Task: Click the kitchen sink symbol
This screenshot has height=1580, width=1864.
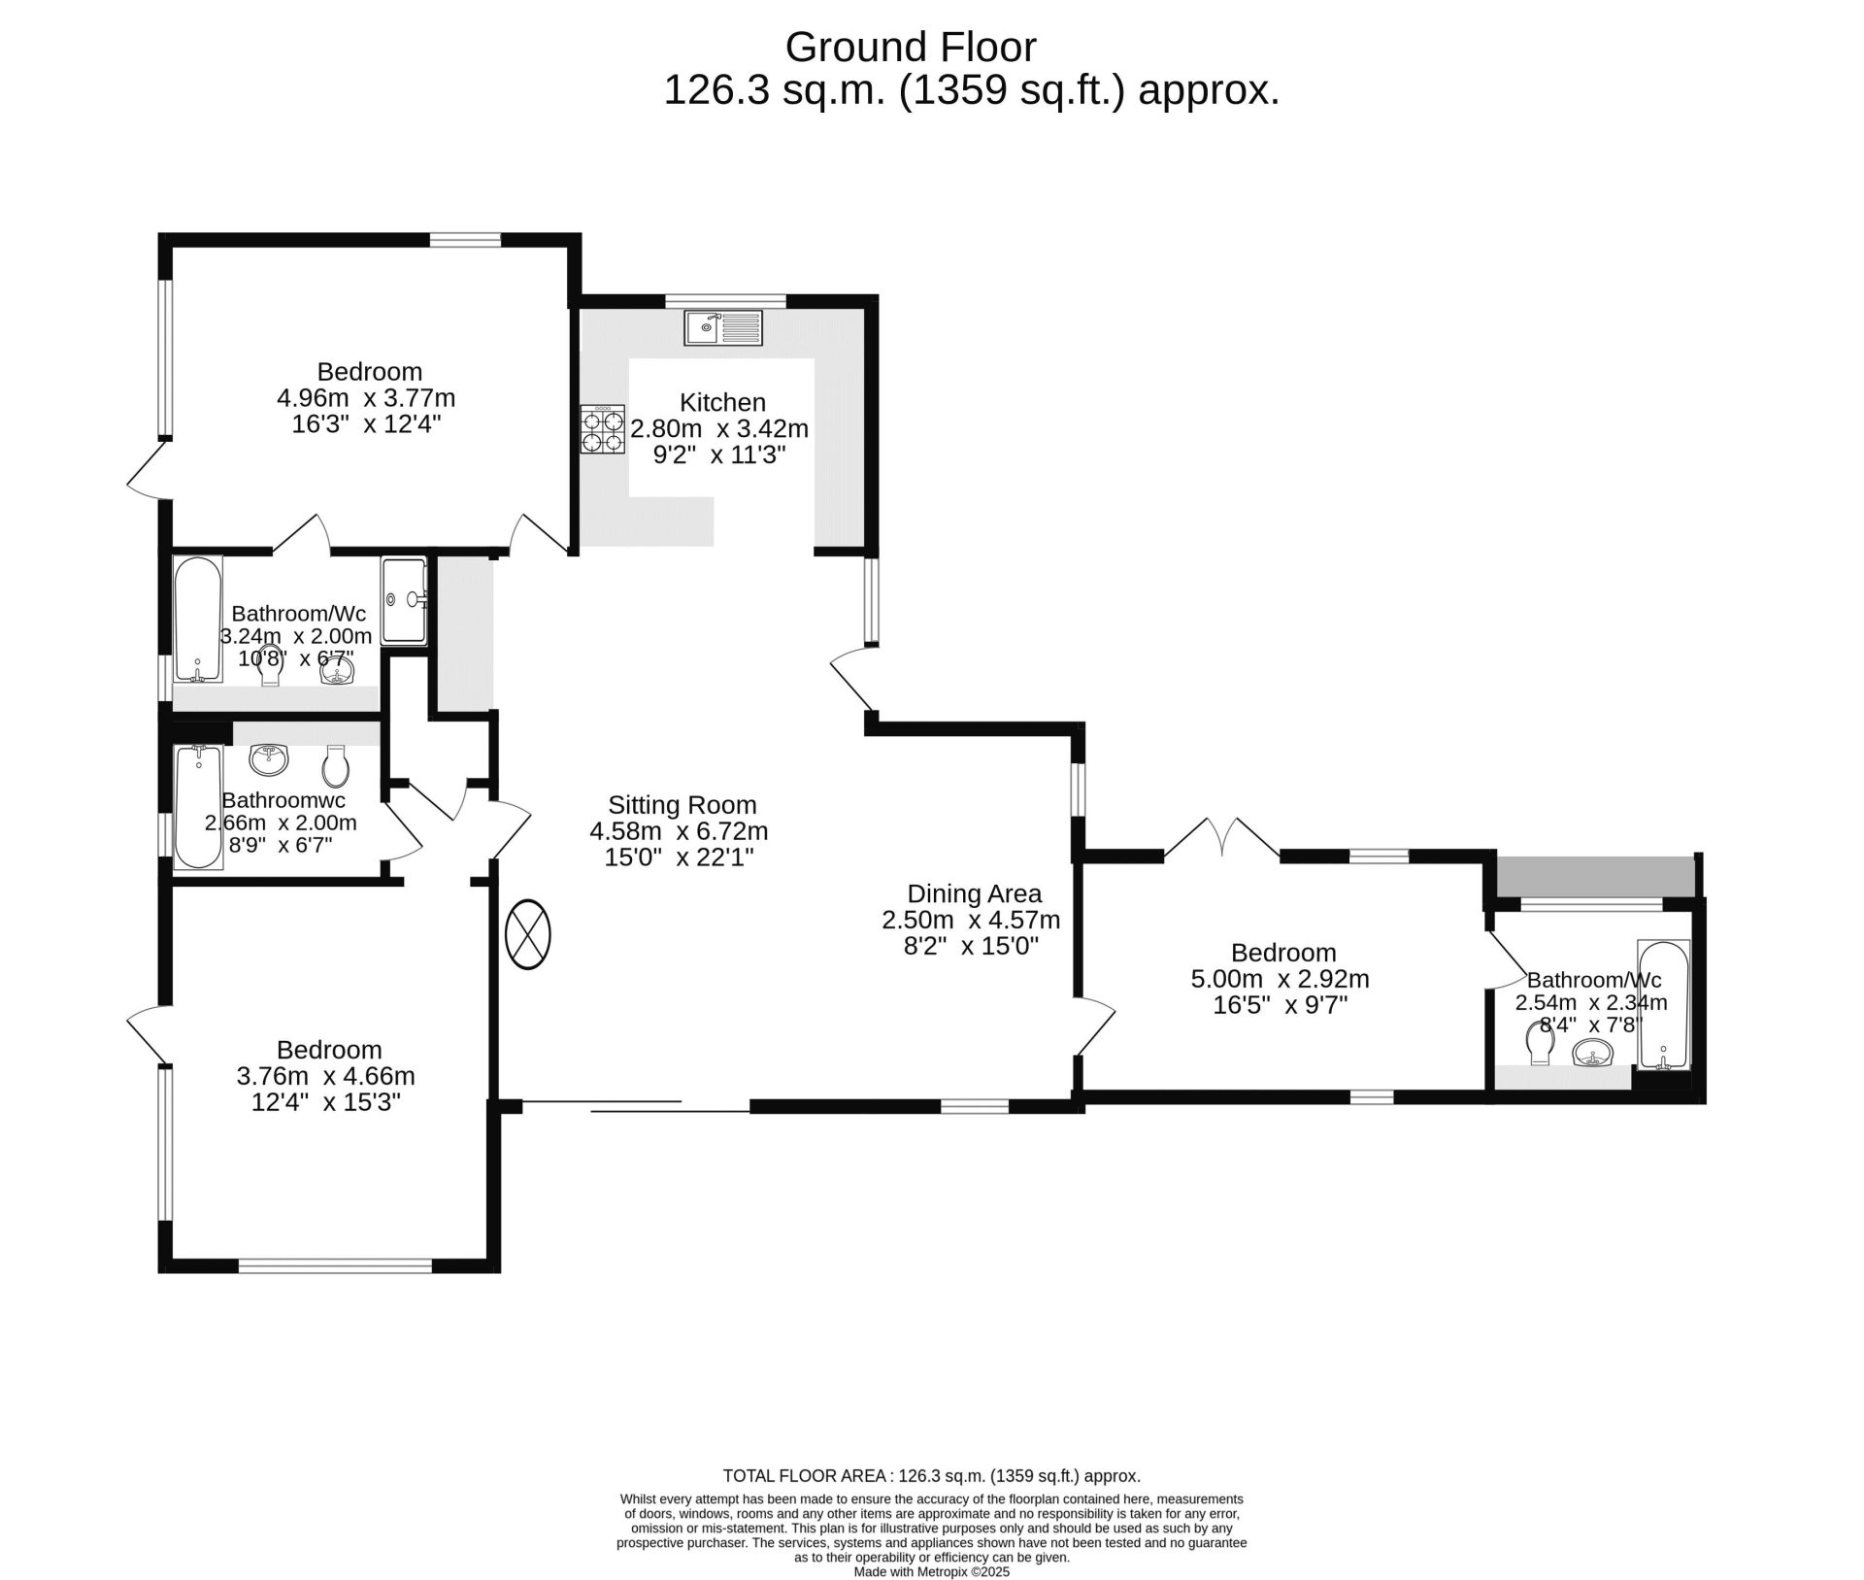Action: pos(723,327)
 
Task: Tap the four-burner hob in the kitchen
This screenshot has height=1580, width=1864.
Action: pos(603,430)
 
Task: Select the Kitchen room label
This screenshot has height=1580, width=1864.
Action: pos(722,402)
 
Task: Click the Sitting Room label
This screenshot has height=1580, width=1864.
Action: pos(682,805)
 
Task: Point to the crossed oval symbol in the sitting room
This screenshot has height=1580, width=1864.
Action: pos(528,935)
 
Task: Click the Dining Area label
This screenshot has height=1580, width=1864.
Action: pos(974,893)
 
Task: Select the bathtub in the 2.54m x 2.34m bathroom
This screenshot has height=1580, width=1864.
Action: pos(1664,1005)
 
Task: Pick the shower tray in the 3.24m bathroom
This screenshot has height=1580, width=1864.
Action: pos(404,600)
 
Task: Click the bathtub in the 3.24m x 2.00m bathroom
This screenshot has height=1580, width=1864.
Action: pos(198,619)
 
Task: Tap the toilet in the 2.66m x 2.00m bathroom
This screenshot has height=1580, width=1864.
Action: pos(335,766)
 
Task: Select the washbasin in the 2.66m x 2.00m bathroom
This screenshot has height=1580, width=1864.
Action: pos(269,760)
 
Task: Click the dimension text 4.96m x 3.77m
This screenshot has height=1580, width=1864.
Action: pos(366,398)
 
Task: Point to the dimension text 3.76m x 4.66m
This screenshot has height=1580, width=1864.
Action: pos(326,1076)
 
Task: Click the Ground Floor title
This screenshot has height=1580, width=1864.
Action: pos(911,47)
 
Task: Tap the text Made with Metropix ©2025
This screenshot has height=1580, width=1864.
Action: pos(932,1571)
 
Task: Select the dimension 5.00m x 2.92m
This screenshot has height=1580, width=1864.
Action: pos(1281,979)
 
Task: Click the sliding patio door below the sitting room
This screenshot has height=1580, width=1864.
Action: pos(636,1106)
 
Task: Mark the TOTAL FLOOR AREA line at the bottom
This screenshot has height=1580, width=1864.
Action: pos(932,1476)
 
